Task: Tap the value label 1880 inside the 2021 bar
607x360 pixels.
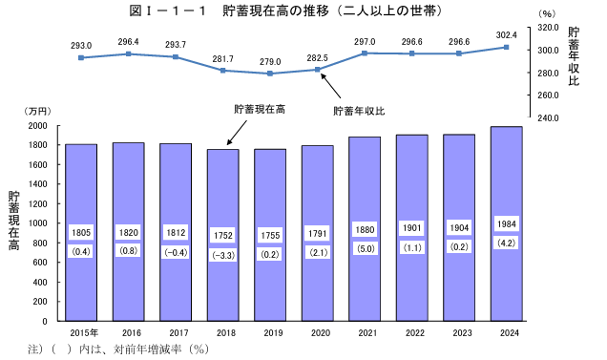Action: click(x=365, y=229)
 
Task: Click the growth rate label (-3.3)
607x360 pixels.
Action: click(x=223, y=256)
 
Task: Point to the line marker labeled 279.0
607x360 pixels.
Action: click(x=270, y=74)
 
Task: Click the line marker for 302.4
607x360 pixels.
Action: click(x=506, y=47)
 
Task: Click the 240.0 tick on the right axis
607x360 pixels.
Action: click(x=546, y=118)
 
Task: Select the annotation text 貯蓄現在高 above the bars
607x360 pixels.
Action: click(x=260, y=110)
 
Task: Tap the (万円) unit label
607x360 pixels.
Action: click(x=38, y=113)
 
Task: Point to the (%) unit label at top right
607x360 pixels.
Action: click(x=546, y=14)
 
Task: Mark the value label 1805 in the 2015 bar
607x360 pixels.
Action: click(x=81, y=233)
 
